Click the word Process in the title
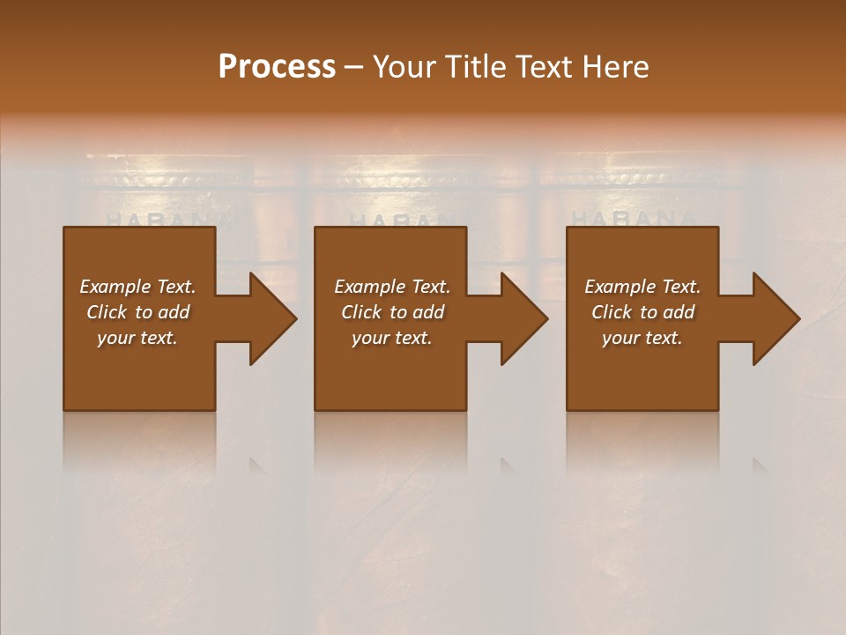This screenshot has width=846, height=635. (277, 66)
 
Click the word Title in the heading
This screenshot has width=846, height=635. (468, 66)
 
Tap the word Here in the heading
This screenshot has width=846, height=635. (615, 66)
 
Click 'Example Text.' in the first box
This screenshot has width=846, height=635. (137, 287)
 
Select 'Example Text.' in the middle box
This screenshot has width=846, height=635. (392, 287)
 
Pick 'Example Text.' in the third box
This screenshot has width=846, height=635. (642, 287)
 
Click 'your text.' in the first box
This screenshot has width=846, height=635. (137, 338)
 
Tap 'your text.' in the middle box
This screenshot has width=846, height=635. (392, 338)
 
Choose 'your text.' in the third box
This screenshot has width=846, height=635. (642, 338)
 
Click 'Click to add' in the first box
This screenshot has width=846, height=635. (137, 312)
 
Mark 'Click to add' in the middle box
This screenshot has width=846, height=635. (392, 312)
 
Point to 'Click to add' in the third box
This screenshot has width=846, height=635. (642, 312)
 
